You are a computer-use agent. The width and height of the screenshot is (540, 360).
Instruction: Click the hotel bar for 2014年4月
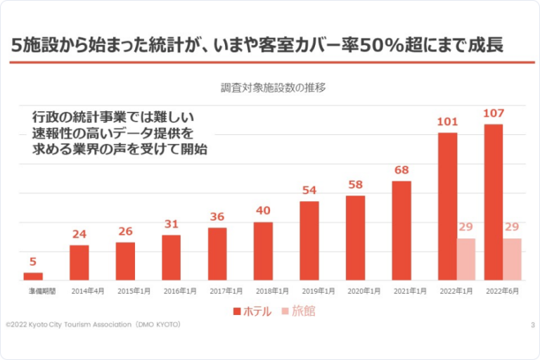(79, 262)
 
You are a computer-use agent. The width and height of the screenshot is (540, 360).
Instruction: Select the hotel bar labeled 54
(309, 240)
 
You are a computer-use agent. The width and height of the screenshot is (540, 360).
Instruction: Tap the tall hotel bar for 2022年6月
(494, 202)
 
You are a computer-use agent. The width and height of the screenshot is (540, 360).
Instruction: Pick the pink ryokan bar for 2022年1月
(466, 259)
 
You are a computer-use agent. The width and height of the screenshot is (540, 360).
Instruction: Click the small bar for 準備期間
(33, 276)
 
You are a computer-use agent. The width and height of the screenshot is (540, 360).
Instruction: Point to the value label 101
(447, 121)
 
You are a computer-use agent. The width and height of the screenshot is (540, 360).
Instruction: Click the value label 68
(401, 169)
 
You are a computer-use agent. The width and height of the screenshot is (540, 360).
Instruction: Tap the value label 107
(494, 112)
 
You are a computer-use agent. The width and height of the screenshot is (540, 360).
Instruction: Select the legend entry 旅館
(299, 311)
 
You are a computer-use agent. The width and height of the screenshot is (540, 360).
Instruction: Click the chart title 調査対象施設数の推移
(273, 88)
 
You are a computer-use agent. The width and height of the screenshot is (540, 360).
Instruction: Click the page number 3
(533, 324)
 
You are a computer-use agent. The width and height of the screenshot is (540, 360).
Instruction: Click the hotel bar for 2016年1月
(171, 257)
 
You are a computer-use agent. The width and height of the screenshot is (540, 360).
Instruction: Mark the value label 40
(263, 210)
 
